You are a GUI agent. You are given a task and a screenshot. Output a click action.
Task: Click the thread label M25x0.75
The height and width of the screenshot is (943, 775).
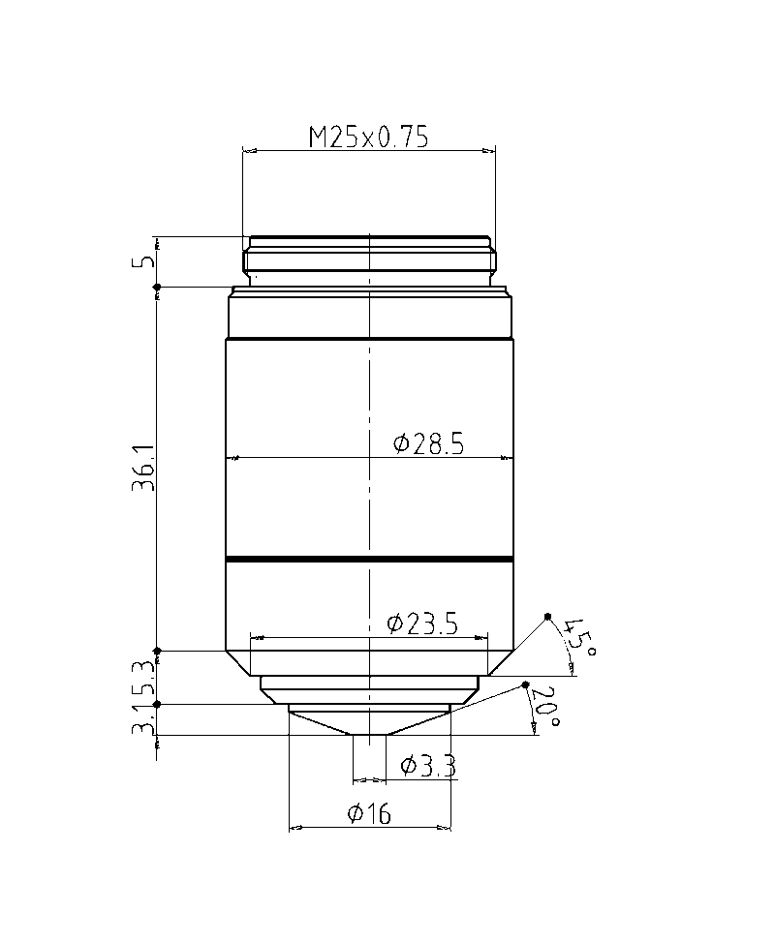(x=368, y=137)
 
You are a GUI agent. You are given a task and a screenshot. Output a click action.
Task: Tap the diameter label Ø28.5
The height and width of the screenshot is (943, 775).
(x=429, y=444)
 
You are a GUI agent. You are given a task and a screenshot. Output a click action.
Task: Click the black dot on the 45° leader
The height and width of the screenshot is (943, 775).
(x=547, y=617)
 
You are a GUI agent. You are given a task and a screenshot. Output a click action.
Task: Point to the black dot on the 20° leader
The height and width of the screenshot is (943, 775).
(x=525, y=685)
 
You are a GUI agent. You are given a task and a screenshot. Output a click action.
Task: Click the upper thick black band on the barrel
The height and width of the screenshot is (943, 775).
(x=369, y=339)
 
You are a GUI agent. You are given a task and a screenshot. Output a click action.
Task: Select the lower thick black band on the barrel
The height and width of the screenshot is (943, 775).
(x=369, y=560)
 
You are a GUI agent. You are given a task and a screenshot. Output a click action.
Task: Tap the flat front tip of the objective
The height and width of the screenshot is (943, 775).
(x=369, y=735)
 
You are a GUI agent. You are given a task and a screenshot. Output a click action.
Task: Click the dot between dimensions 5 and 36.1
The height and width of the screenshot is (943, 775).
(x=157, y=286)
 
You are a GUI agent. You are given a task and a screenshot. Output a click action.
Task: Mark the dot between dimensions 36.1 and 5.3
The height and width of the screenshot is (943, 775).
(x=157, y=651)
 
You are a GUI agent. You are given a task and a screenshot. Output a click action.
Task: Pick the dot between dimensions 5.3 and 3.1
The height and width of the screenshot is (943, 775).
(x=157, y=704)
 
